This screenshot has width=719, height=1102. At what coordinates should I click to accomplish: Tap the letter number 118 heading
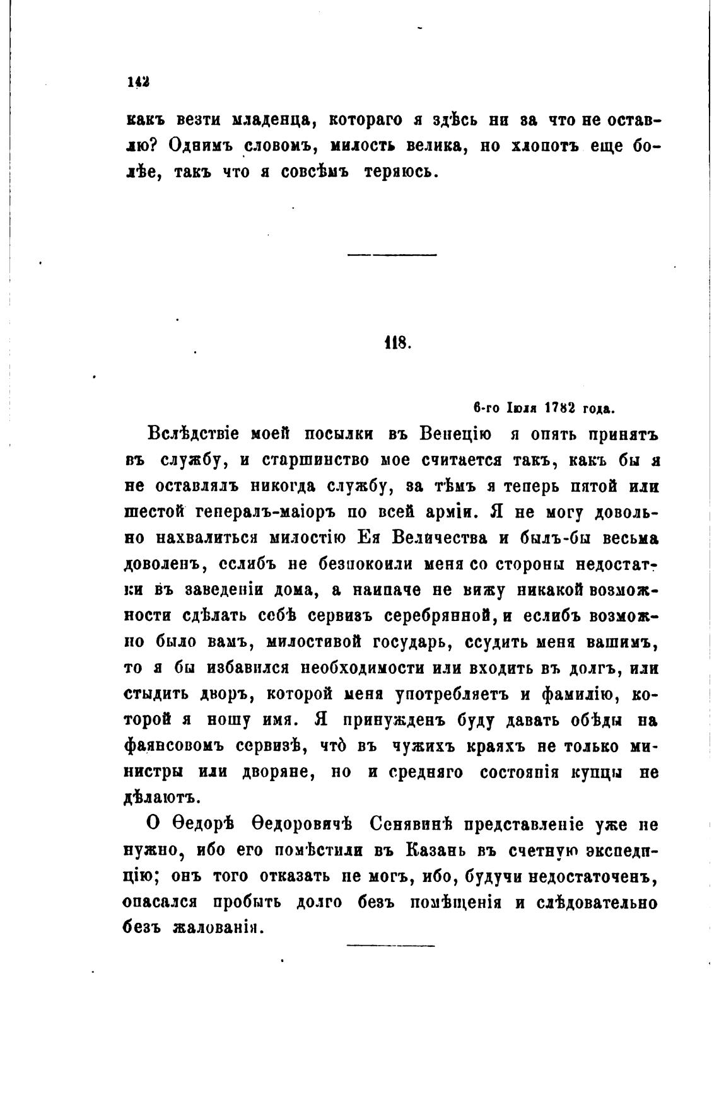[397, 344]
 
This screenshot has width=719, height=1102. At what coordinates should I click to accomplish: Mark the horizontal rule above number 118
[392, 255]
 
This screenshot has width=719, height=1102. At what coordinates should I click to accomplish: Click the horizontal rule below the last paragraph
[390, 944]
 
